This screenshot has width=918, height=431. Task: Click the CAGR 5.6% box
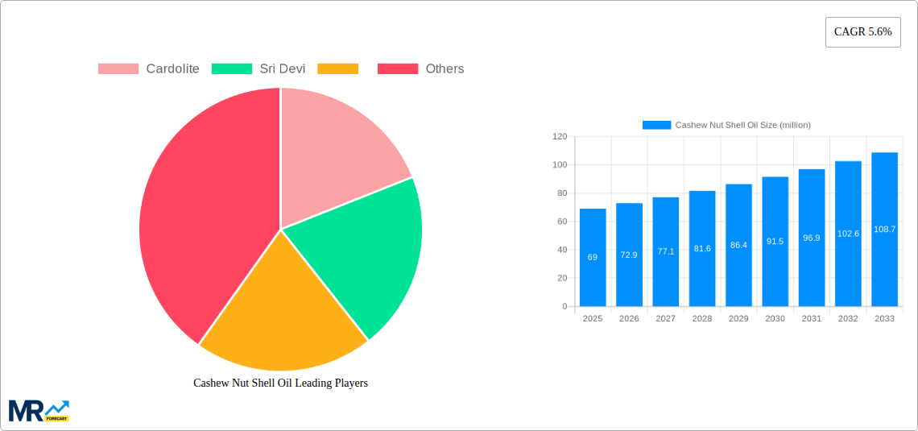[862, 32]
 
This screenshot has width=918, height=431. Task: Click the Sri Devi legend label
[282, 69]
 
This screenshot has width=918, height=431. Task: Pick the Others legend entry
[445, 69]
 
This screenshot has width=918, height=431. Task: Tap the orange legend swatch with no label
[337, 69]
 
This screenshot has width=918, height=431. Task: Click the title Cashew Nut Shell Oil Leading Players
[280, 383]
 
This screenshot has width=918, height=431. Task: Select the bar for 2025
[593, 258]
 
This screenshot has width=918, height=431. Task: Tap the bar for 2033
[884, 230]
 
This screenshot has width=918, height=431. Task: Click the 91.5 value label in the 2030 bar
[775, 241]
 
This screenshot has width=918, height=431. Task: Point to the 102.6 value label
[848, 234]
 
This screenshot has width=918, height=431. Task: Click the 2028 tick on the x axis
[702, 319]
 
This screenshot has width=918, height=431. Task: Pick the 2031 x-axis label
[812, 319]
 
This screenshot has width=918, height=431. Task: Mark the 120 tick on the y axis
[560, 137]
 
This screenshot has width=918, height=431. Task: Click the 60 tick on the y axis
[562, 222]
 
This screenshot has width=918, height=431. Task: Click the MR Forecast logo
[39, 410]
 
